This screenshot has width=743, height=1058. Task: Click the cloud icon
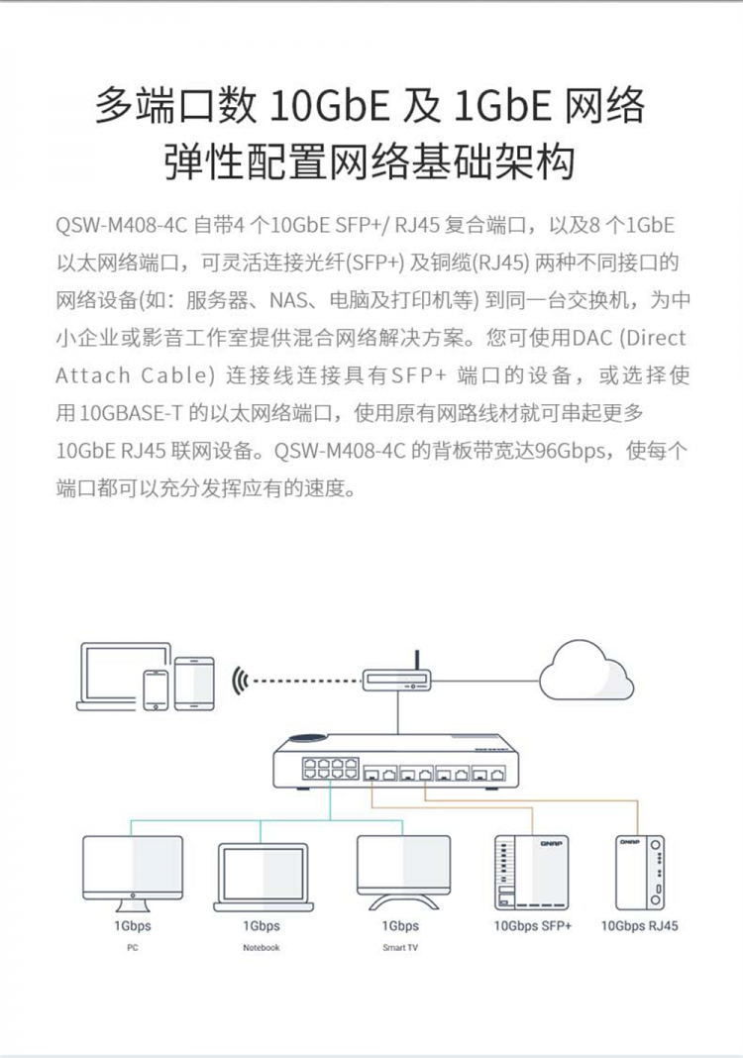pyautogui.click(x=585, y=672)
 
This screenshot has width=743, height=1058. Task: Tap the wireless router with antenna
pyautogui.click(x=397, y=676)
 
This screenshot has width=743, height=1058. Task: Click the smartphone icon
pyautogui.click(x=156, y=689)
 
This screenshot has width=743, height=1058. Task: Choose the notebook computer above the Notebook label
pyautogui.click(x=264, y=877)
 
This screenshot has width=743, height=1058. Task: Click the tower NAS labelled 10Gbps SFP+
pyautogui.click(x=532, y=873)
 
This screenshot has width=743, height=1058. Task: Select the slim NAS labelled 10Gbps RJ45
pyautogui.click(x=640, y=873)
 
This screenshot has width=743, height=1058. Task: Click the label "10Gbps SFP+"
pyautogui.click(x=532, y=925)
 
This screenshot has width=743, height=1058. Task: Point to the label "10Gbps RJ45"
pyautogui.click(x=640, y=925)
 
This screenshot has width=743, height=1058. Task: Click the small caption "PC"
pyautogui.click(x=133, y=947)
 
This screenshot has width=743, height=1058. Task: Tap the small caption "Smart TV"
pyautogui.click(x=400, y=947)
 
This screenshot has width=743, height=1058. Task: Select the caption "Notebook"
pyautogui.click(x=262, y=947)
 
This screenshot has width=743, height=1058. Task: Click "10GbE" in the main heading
pyautogui.click(x=330, y=105)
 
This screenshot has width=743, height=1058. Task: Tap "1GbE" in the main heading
pyautogui.click(x=502, y=105)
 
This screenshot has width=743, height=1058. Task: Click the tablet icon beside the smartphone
pyautogui.click(x=194, y=684)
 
